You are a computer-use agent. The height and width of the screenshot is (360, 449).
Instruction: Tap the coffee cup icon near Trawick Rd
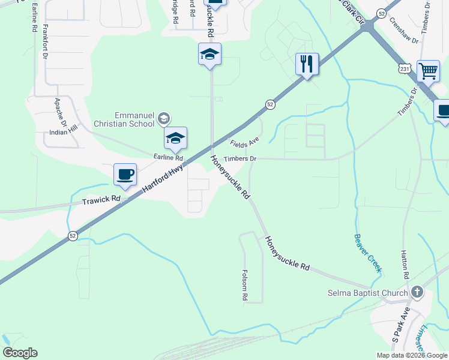point(125,175)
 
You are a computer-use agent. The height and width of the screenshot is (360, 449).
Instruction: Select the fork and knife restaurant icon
point(307,64)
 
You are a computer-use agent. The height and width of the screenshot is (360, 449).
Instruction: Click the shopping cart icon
point(428,71)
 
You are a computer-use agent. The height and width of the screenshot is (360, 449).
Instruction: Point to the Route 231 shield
point(405,70)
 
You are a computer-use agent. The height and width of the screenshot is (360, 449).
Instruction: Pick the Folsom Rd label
point(245,284)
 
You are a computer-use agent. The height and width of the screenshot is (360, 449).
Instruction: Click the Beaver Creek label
point(367,253)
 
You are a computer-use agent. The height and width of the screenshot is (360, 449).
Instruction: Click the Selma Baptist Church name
point(368,293)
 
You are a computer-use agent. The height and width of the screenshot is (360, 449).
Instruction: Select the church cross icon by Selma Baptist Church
point(418,293)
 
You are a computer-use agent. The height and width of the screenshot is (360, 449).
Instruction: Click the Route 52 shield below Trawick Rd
point(73,236)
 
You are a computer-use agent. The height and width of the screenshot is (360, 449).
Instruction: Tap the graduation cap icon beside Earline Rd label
point(175,138)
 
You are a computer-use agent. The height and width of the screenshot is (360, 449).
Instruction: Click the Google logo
point(20,353)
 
